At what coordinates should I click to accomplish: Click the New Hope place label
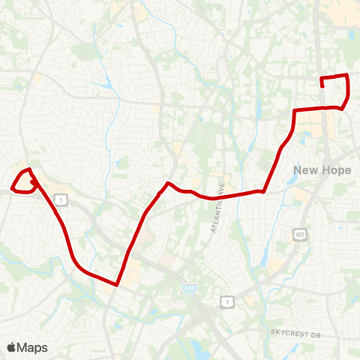[322, 170]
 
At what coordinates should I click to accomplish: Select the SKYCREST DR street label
[295, 331]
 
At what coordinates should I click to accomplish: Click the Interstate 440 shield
[187, 287]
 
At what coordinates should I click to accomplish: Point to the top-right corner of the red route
[346, 75]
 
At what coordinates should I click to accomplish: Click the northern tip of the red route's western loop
[28, 169]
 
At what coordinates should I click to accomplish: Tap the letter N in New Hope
[298, 170]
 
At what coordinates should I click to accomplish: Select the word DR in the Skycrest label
[315, 331]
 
